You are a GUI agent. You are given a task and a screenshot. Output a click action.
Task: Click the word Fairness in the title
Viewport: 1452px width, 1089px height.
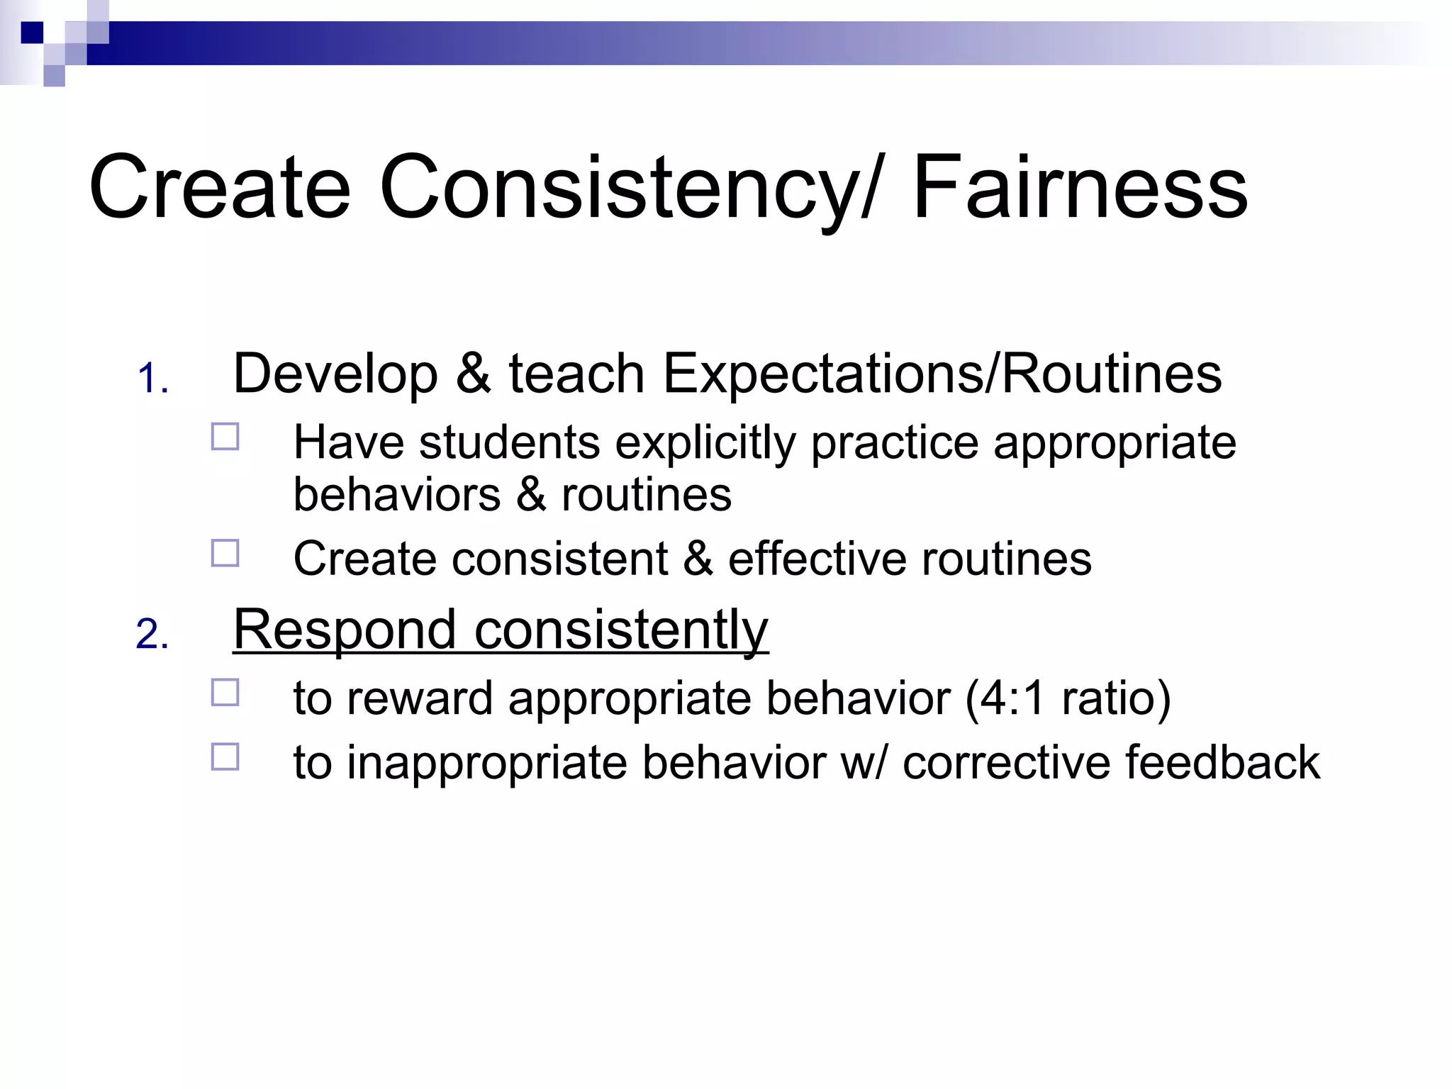coord(1080,188)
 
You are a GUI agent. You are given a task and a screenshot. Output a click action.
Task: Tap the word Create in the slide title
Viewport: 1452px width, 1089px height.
coord(220,188)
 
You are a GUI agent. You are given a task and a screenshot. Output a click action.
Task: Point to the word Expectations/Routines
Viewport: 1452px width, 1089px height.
coord(942,374)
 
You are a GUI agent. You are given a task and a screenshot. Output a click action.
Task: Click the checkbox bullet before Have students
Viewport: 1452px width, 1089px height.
coord(225,437)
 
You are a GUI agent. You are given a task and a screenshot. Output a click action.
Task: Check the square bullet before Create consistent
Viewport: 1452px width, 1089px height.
coord(225,553)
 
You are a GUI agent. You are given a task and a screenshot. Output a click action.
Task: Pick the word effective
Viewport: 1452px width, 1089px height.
coord(816,559)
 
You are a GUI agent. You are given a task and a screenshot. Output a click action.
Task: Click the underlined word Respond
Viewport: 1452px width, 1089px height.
coord(345,631)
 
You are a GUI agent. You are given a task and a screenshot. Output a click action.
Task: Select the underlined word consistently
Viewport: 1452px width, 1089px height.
coord(621,631)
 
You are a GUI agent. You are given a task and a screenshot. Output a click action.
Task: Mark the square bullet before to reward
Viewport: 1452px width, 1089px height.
coord(225,692)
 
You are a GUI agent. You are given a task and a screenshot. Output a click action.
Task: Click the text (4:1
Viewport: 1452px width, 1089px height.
coord(1005,698)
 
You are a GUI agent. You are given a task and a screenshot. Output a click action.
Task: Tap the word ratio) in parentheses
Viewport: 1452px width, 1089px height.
coord(1116,698)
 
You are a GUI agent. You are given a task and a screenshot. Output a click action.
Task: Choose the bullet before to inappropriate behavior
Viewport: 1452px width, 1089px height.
coord(225,756)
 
